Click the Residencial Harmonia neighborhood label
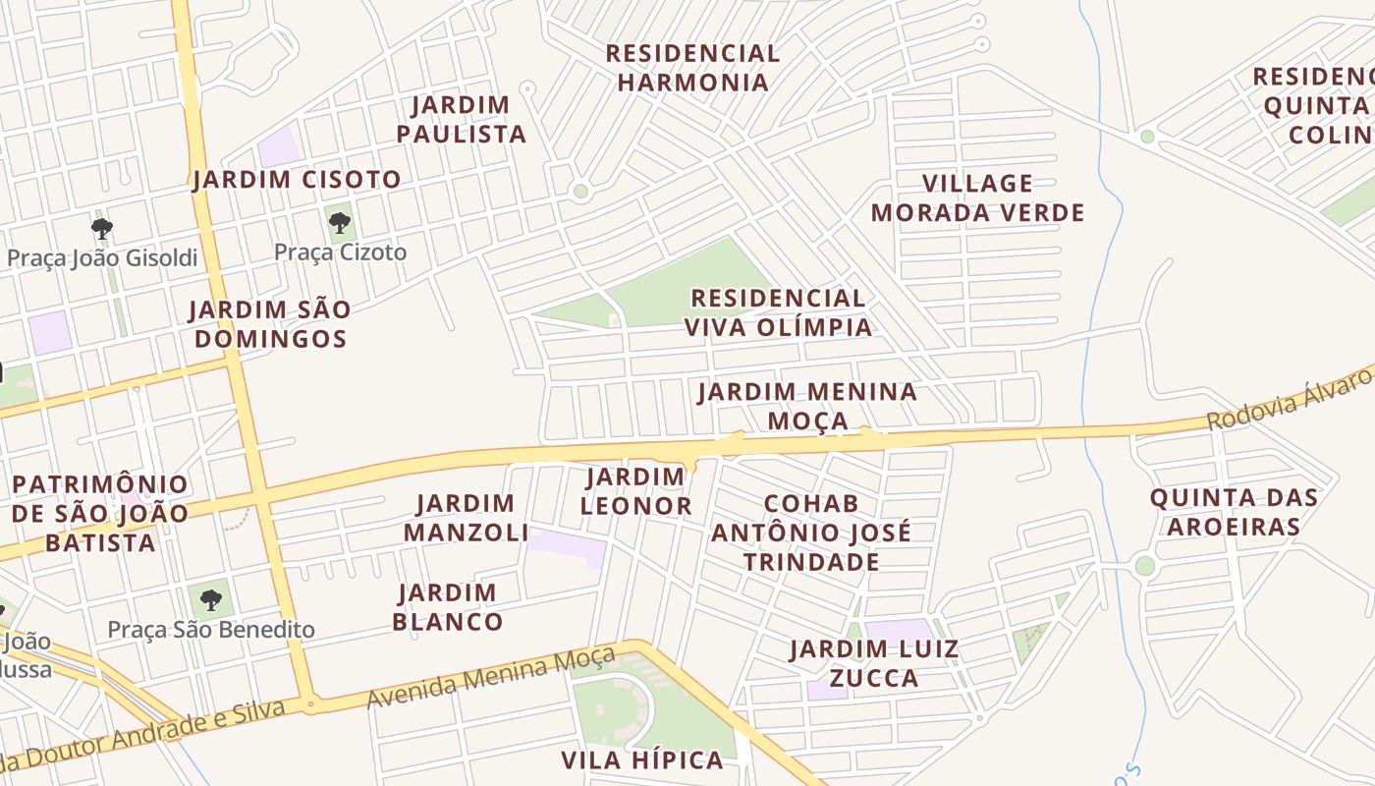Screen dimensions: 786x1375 692,68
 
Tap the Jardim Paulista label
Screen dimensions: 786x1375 462,119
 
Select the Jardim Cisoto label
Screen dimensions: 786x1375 297,180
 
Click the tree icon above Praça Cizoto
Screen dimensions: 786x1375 340,223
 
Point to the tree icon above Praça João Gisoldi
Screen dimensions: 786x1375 101,230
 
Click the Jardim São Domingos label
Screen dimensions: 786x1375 270,324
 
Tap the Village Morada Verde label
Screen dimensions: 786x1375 977,197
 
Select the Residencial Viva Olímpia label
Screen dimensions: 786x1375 778,312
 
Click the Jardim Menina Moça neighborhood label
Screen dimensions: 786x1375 807,406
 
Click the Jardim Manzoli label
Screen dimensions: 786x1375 466,518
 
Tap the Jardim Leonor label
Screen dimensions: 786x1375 635,491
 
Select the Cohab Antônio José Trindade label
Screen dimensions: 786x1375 811,533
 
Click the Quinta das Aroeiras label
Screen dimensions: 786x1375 1234,511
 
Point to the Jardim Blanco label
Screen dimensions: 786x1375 448,607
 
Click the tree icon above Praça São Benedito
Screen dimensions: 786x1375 210,599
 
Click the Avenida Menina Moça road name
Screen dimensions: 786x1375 491,678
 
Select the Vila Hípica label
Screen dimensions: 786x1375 642,759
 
